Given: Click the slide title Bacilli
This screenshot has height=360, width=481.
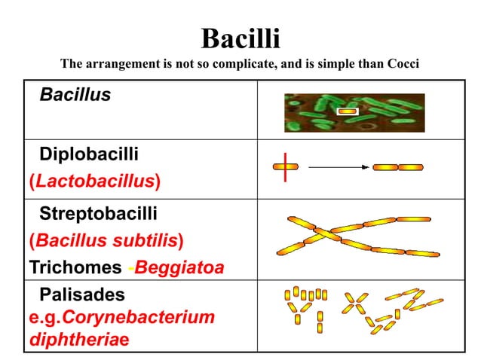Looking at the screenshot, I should click(x=240, y=38).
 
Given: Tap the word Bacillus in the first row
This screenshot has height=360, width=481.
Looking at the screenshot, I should click(x=75, y=95).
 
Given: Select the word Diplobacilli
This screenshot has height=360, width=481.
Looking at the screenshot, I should click(x=89, y=154).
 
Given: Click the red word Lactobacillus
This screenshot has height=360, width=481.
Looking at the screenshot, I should click(x=95, y=181).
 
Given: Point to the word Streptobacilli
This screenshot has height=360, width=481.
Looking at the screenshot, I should click(x=98, y=214).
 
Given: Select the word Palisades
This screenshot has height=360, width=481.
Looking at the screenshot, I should click(x=82, y=294).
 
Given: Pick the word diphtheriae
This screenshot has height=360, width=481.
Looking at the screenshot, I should click(x=79, y=339).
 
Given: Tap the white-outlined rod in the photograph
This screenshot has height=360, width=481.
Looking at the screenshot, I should click(x=347, y=111).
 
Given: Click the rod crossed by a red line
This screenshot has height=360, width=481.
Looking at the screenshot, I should click(x=286, y=166).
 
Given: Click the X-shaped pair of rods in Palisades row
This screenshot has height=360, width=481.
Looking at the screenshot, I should click(x=354, y=303).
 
